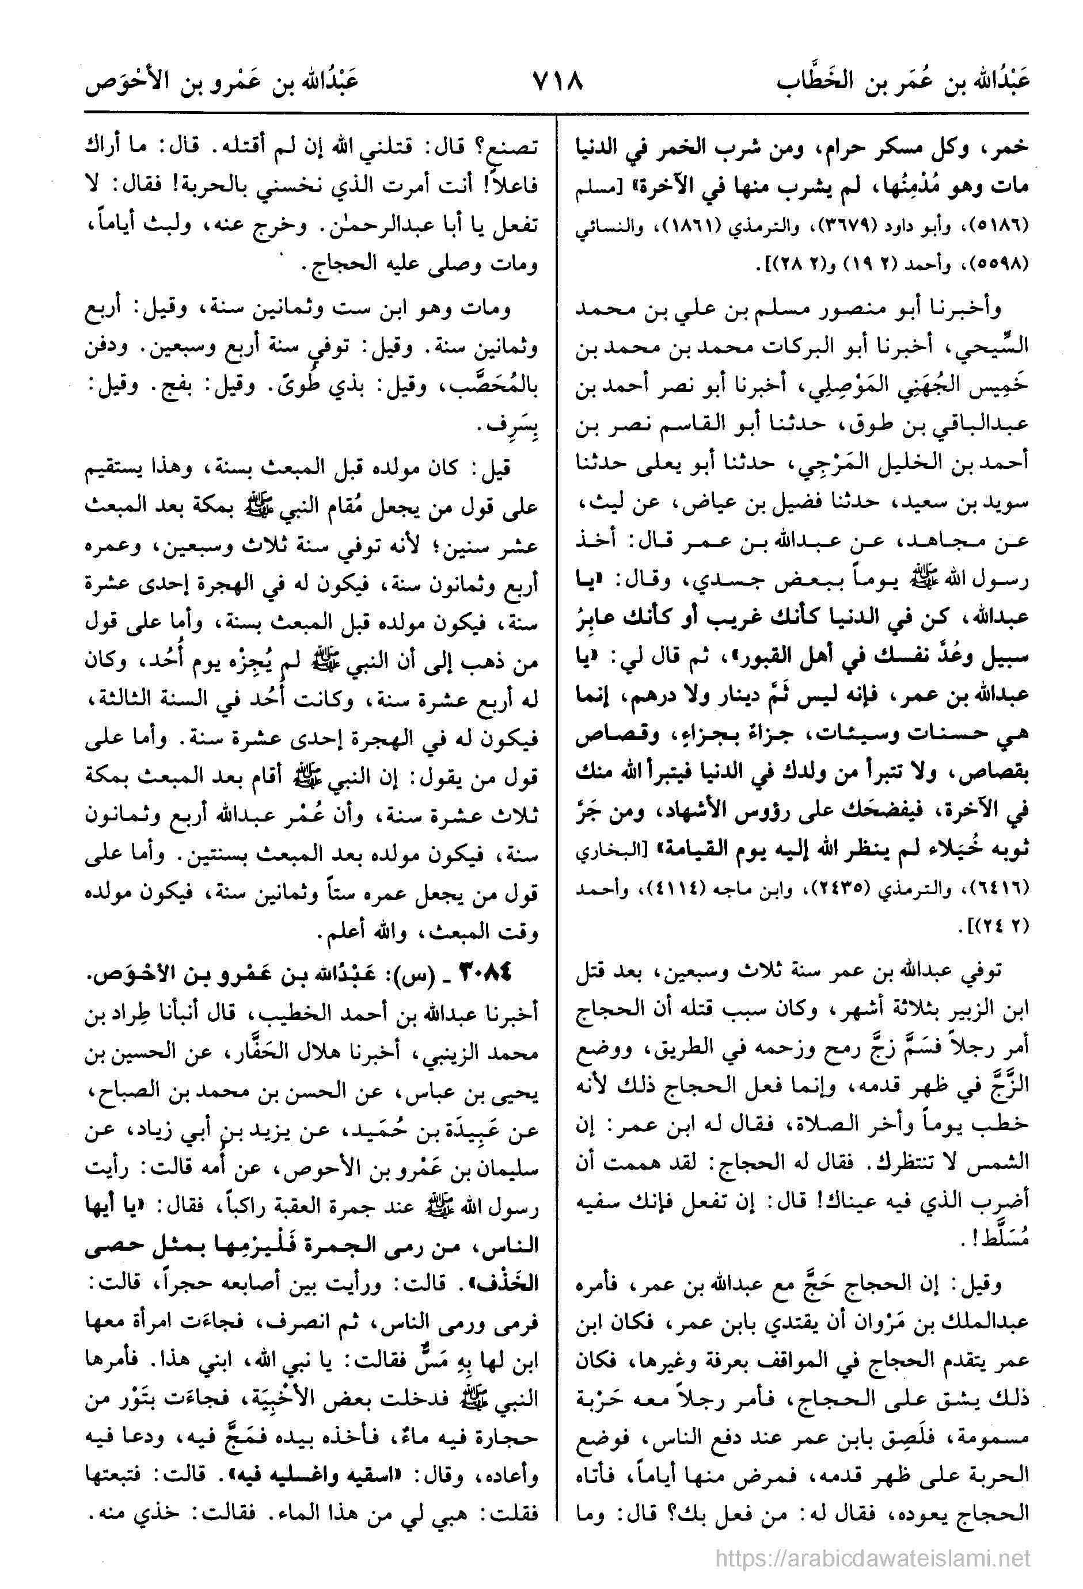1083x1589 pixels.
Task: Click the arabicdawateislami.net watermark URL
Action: click(x=872, y=1541)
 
